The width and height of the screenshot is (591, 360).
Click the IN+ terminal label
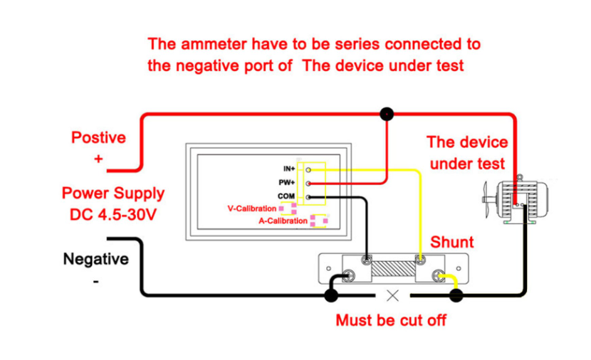[289, 169]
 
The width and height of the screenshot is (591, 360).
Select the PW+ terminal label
[288, 183]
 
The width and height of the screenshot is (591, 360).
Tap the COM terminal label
[286, 196]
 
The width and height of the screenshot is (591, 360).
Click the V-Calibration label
[251, 208]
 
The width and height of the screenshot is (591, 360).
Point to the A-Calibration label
[283, 221]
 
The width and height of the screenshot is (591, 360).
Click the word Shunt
[452, 242]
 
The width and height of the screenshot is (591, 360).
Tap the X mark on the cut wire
[392, 295]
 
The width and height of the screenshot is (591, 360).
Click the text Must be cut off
[391, 320]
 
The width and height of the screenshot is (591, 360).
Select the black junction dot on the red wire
[387, 113]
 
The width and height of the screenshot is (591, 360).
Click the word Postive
[98, 137]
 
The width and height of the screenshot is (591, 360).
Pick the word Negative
[96, 259]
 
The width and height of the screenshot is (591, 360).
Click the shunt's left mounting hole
[328, 270]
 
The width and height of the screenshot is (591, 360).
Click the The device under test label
[467, 152]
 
